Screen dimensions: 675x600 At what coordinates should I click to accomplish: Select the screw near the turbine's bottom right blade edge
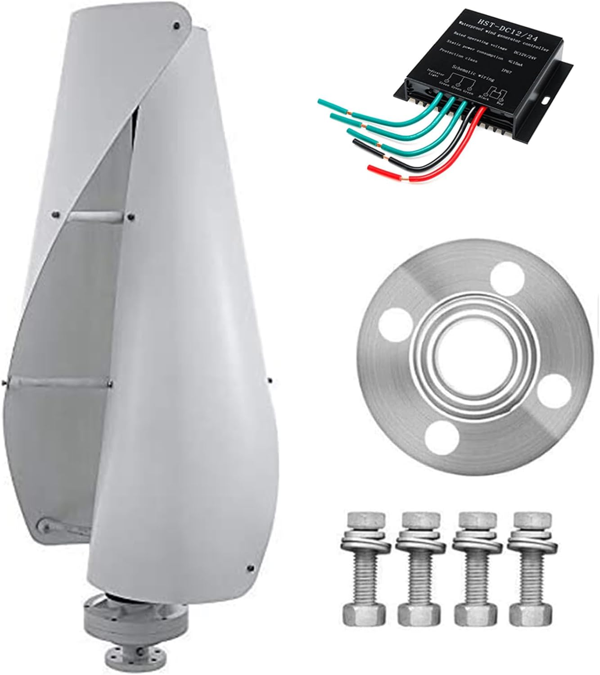pyautogui.click(x=249, y=569)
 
